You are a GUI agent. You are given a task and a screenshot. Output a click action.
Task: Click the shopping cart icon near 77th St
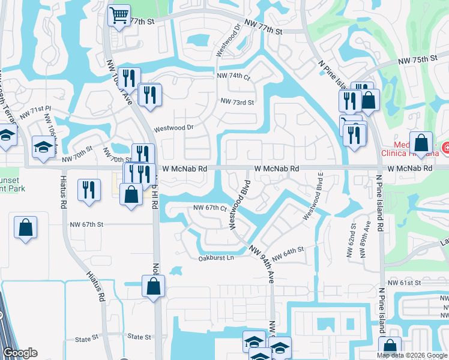[119, 15]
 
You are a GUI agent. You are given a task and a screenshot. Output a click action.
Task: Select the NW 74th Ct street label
[233, 76]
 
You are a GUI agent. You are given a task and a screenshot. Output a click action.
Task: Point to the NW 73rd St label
[237, 102]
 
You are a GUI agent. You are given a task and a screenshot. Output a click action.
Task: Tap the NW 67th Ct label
[209, 208]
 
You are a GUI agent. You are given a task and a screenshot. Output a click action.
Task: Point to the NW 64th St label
[289, 253]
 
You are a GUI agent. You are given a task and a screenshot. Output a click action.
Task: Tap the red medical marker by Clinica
[446, 147]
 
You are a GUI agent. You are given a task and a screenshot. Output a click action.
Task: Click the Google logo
[20, 353]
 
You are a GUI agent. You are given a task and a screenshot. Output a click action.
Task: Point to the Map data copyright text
[412, 355]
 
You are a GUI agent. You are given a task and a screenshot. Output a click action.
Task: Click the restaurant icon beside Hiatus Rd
[89, 190]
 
